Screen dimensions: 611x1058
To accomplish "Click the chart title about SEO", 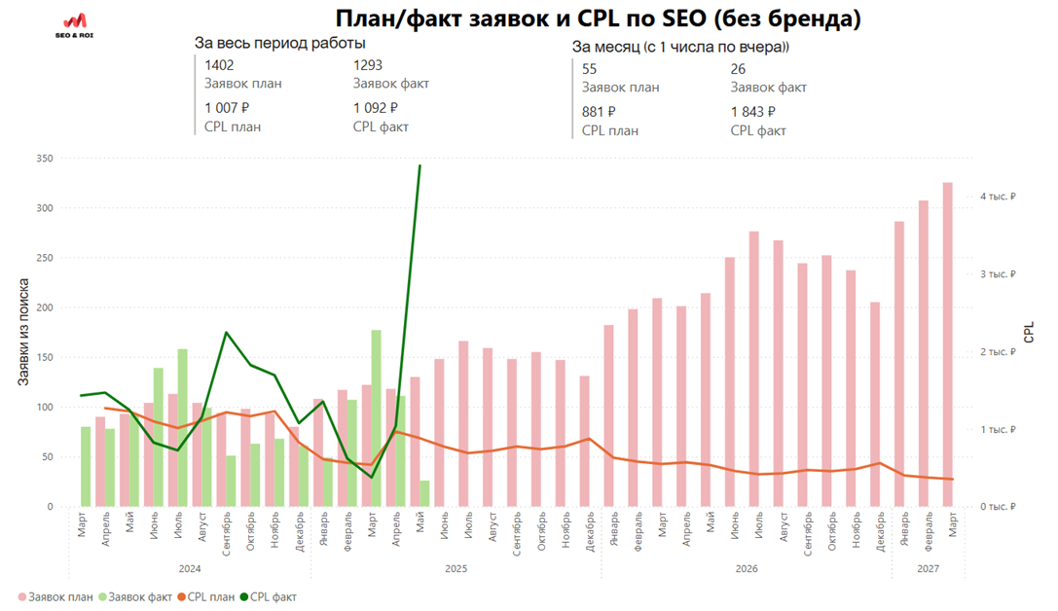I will coord(598,18).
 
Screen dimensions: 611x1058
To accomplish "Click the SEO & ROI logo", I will coord(75,25).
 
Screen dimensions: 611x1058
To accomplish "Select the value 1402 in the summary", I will coord(219,65).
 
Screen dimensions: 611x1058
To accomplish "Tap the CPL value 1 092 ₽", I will coord(376,108).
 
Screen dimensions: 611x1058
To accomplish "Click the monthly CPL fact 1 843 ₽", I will coord(752,112).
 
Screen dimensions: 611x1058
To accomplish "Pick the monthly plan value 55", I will coord(589,69).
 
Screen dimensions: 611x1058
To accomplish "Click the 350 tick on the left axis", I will coord(43,159).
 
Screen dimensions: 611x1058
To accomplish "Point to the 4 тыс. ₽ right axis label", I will coord(998,197).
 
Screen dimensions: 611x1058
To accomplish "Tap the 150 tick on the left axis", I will coord(43,358).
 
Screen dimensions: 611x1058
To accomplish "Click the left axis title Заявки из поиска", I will coord(22,332).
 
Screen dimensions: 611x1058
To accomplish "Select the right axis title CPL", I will coord(1029,333).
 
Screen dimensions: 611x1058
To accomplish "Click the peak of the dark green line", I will coord(420,166).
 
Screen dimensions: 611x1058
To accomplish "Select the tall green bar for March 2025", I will coord(377,418).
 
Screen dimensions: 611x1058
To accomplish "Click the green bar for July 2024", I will coord(182,427).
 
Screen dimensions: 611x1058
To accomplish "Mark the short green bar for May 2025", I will coord(424,493).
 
